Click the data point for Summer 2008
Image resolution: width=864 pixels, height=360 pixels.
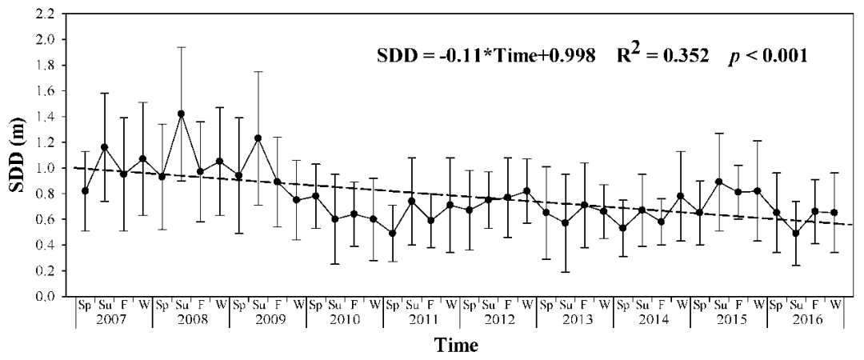pos(181,114)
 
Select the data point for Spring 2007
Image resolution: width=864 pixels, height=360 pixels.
pos(85,190)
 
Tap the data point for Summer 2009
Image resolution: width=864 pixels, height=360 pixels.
pos(258,138)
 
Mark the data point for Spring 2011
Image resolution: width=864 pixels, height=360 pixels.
pos(392,234)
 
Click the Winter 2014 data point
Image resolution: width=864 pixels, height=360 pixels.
pos(681,196)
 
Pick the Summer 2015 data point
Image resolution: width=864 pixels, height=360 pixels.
pos(718,182)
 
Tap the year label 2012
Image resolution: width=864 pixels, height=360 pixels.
pos(498,319)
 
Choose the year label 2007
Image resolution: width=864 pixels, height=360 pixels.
pos(114,319)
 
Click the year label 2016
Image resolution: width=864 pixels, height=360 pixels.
pos(805,319)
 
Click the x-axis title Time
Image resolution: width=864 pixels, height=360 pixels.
pos(456,346)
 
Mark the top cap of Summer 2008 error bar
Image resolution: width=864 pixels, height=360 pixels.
pos(181,47)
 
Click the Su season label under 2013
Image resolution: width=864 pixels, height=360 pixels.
pos(566,304)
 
